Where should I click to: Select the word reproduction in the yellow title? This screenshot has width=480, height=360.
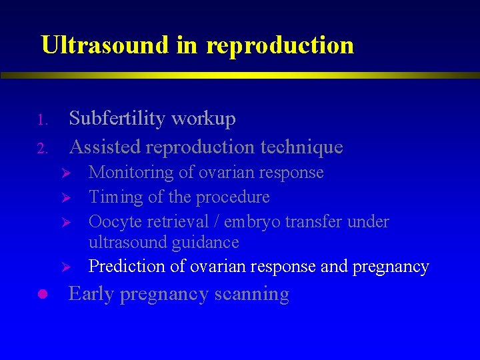click(x=280, y=45)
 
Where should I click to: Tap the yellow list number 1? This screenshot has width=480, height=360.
click(x=40, y=121)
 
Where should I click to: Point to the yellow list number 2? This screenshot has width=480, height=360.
click(x=40, y=149)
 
